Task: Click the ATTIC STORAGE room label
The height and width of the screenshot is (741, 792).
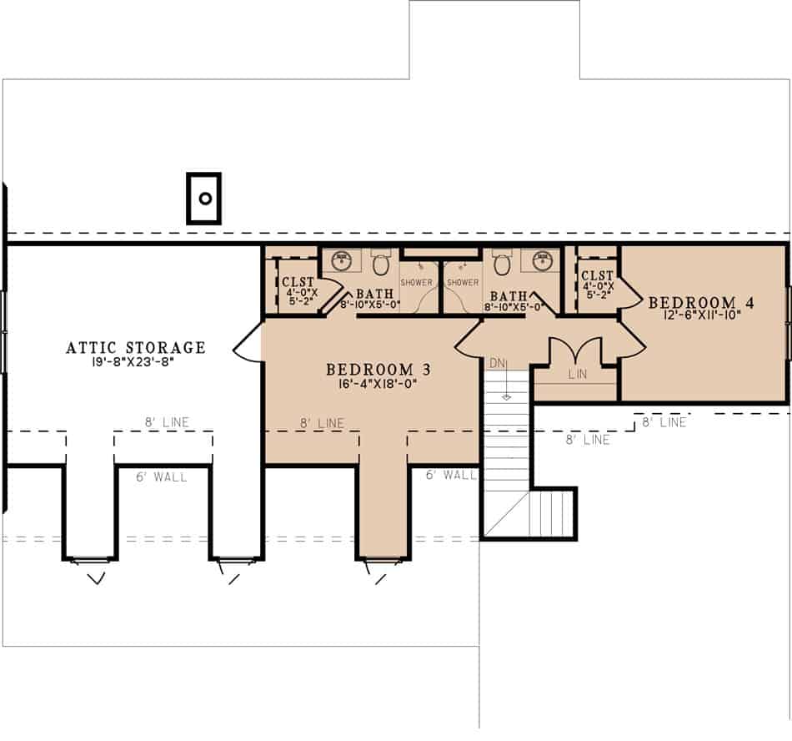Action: pyautogui.click(x=135, y=347)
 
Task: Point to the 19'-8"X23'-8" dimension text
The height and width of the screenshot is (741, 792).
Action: pyautogui.click(x=135, y=362)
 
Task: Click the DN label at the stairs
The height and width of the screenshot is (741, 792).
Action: pyautogui.click(x=496, y=364)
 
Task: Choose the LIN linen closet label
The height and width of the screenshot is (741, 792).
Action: pyautogui.click(x=577, y=374)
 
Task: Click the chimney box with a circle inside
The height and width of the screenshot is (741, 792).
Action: pyautogui.click(x=203, y=199)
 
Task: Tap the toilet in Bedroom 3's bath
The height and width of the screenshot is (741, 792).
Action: pyautogui.click(x=380, y=265)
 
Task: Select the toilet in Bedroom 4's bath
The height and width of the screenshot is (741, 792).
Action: pyautogui.click(x=502, y=265)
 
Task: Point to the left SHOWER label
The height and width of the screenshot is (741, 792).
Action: pyautogui.click(x=418, y=282)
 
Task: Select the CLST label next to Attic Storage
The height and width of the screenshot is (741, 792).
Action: pyautogui.click(x=298, y=282)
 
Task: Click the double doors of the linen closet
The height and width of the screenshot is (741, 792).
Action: pyautogui.click(x=577, y=350)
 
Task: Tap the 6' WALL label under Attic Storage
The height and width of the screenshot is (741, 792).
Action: pyautogui.click(x=162, y=477)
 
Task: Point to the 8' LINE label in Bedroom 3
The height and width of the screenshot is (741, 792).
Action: pyautogui.click(x=322, y=424)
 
